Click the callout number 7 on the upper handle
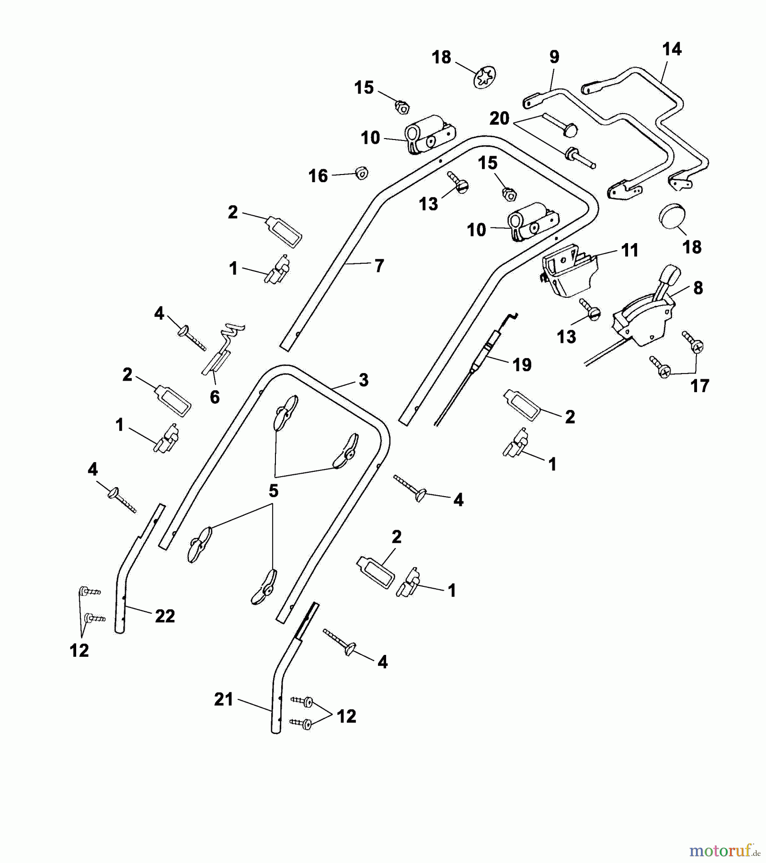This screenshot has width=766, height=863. pyautogui.click(x=379, y=266)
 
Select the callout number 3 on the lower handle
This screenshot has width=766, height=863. pyautogui.click(x=364, y=380)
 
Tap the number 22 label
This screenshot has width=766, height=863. pyautogui.click(x=165, y=616)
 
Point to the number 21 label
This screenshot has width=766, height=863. pyautogui.click(x=224, y=700)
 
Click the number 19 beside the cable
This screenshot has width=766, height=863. pyautogui.click(x=522, y=365)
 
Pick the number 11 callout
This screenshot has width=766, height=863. pyautogui.click(x=629, y=250)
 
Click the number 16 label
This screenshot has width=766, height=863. pyautogui.click(x=318, y=176)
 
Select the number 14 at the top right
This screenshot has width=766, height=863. pyautogui.click(x=672, y=49)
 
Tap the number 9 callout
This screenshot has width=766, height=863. pyautogui.click(x=554, y=57)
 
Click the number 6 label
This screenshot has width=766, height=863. pyautogui.click(x=215, y=397)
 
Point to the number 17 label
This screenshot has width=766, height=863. pyautogui.click(x=699, y=386)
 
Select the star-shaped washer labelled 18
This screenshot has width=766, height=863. pyautogui.click(x=485, y=77)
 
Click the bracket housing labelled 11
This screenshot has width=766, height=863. pyautogui.click(x=569, y=271)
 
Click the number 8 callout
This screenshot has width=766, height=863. pyautogui.click(x=698, y=288)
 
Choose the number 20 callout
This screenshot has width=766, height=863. pyautogui.click(x=499, y=118)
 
